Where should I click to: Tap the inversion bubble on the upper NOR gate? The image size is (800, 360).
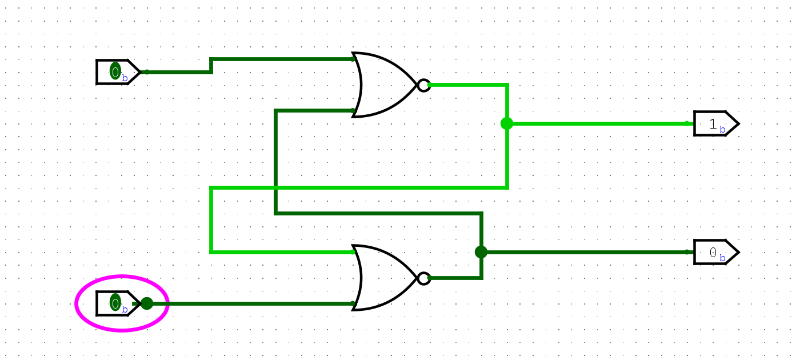click(x=423, y=85)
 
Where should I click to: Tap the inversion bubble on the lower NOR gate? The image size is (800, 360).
click(x=423, y=278)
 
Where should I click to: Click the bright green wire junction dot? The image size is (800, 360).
click(x=507, y=123)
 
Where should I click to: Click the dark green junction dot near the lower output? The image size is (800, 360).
click(x=481, y=252)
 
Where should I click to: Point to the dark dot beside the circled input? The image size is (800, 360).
click(x=147, y=303)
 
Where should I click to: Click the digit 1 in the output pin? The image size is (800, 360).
click(x=713, y=124)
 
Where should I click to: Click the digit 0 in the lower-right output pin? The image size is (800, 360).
click(x=713, y=252)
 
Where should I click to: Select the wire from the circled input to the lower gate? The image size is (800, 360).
click(x=251, y=303)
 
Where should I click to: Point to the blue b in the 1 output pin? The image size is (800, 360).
click(x=722, y=130)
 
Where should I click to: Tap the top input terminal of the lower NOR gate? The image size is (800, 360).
click(x=353, y=252)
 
